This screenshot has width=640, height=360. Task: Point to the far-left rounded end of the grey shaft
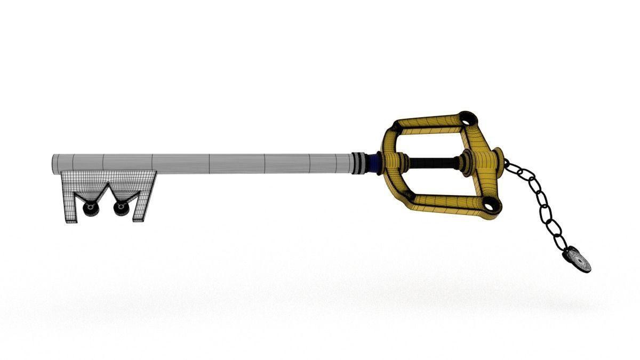54,164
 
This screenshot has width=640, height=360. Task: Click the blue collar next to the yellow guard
378,162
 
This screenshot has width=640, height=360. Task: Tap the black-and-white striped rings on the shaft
361,163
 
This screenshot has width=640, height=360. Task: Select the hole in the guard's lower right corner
489,203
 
